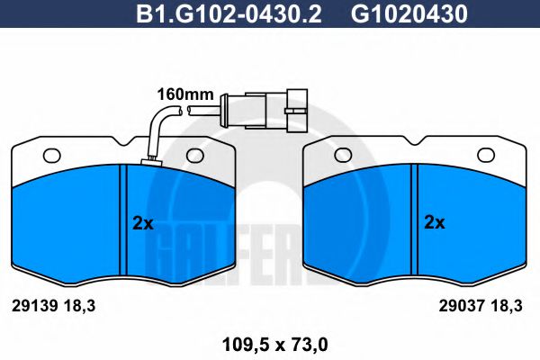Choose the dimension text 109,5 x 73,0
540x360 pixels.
(x=270, y=342)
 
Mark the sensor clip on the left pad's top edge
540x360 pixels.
(x=150, y=163)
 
